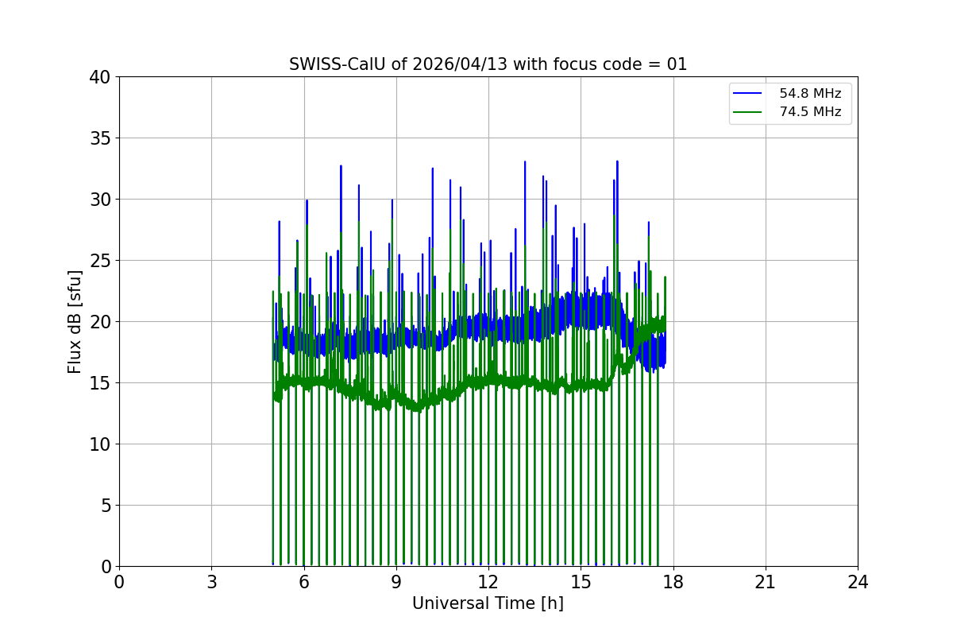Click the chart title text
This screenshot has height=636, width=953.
point(488,64)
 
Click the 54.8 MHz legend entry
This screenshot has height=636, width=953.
point(809,94)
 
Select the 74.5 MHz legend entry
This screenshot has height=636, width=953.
point(809,112)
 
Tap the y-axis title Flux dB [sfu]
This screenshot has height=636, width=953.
point(75,321)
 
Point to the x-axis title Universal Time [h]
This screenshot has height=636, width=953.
point(488,603)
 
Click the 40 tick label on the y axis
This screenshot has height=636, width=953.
point(100,77)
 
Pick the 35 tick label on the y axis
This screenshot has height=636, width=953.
point(100,138)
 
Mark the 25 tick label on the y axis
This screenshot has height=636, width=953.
point(100,261)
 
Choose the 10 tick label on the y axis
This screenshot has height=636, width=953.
point(100,444)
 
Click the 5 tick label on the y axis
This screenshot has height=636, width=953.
point(105,506)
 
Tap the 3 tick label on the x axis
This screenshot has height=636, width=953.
point(211,582)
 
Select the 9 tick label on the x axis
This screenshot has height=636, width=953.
point(396,582)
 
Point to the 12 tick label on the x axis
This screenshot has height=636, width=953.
point(488,582)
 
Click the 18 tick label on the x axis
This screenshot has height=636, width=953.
point(673,582)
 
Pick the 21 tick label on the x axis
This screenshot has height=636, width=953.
point(766,582)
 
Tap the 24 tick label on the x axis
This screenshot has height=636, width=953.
point(858,582)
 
